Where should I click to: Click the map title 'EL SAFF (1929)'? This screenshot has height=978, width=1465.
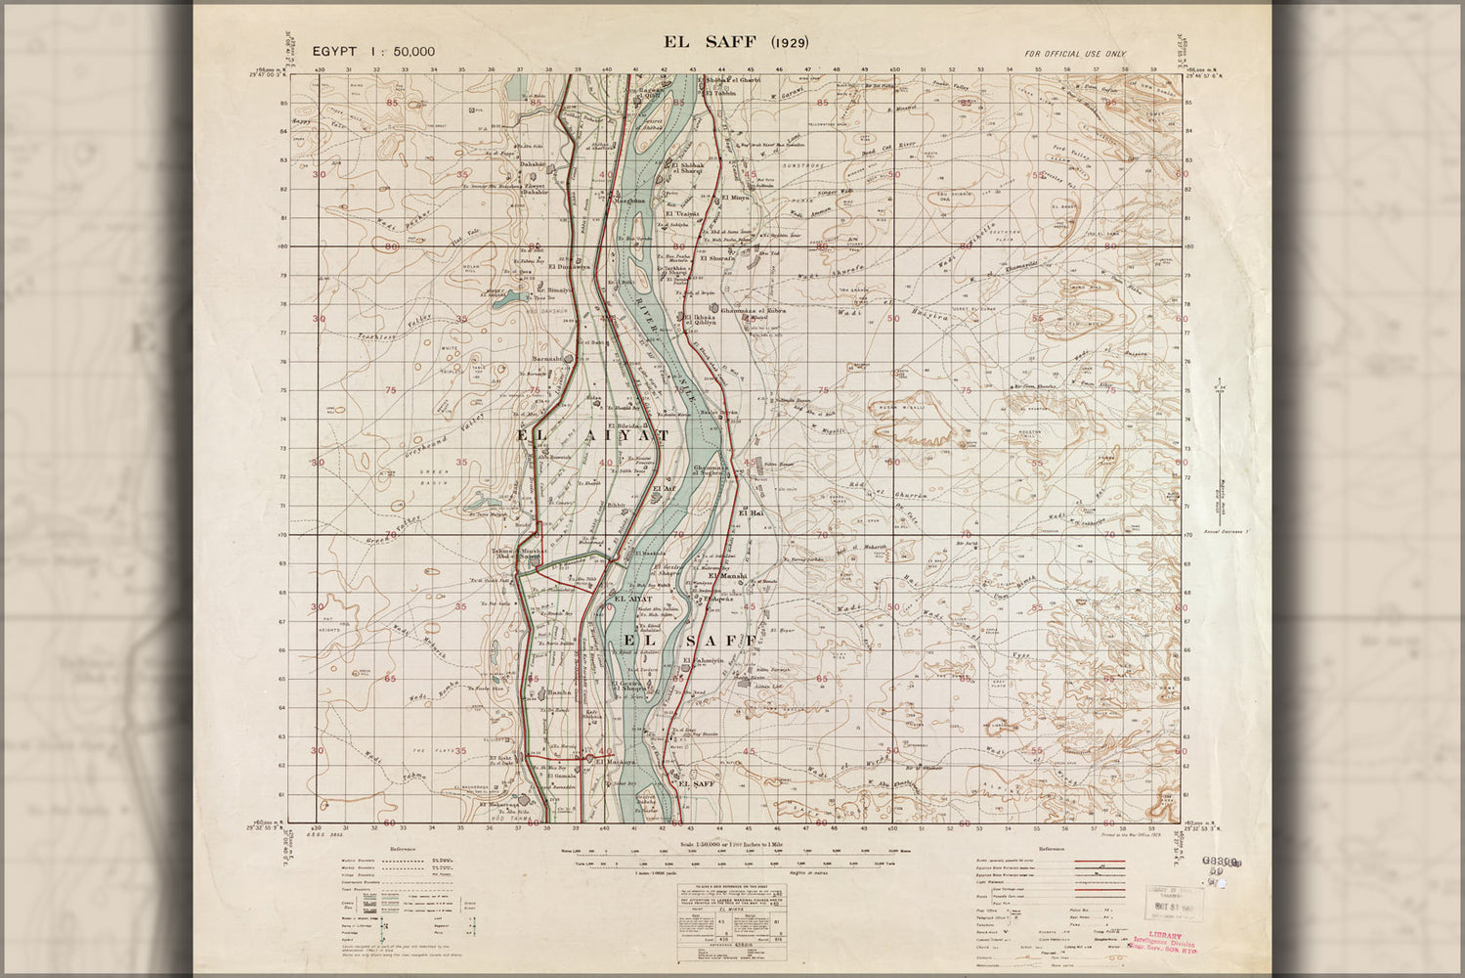coord(735,42)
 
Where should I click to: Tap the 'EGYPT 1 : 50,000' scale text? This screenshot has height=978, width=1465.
coord(373,52)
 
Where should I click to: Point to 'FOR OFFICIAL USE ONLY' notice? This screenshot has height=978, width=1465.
coord(1075,54)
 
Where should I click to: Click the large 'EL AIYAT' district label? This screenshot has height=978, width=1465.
coord(592,436)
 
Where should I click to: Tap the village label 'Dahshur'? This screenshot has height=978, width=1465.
coord(532,165)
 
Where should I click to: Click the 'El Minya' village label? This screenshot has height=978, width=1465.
coord(734,198)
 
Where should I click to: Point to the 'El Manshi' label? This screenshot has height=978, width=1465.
coord(727,576)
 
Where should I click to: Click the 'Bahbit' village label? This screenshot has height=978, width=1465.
coord(615,506)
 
